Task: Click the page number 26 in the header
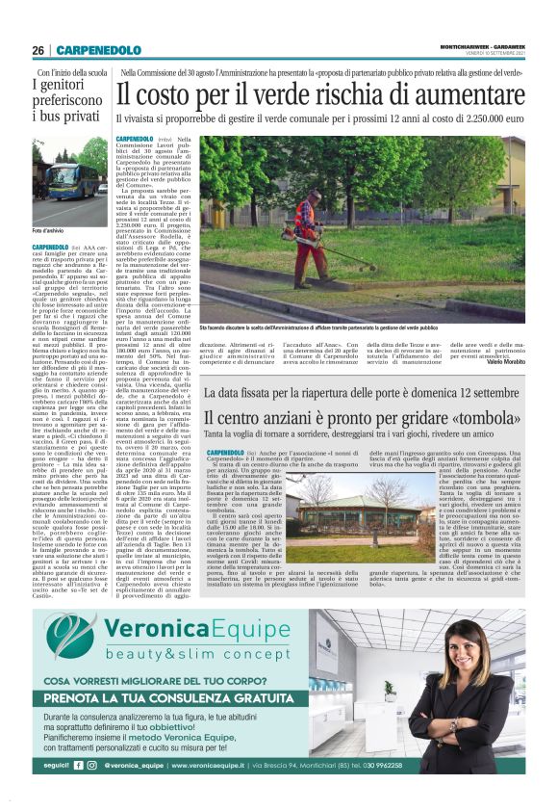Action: coord(38,49)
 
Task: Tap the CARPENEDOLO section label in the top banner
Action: coord(98,49)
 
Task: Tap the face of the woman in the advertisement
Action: coord(457,652)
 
